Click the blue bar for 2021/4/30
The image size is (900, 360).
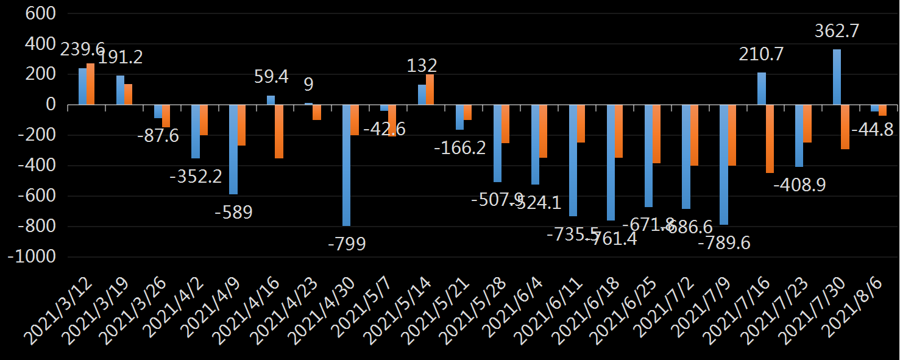[x=346, y=165]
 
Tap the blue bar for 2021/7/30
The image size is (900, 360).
[x=837, y=77]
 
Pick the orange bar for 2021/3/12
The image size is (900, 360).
[x=90, y=84]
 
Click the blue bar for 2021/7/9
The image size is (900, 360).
[x=724, y=164]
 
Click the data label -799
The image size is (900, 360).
[x=346, y=244]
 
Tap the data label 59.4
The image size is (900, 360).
[x=271, y=77]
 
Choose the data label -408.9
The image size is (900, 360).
[x=799, y=185]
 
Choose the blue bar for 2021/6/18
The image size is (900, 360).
[x=611, y=163]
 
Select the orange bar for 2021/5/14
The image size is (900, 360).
[x=430, y=90]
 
